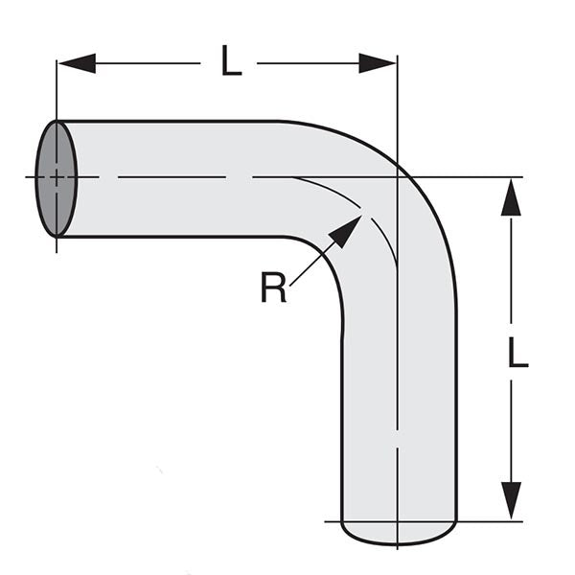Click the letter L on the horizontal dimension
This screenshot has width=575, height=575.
230,62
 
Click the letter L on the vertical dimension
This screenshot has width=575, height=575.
517,354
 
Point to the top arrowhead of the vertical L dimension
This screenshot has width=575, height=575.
511,197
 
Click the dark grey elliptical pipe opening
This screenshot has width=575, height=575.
56,178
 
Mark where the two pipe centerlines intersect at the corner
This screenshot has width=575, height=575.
397,177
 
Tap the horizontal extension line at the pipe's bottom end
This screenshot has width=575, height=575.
489,521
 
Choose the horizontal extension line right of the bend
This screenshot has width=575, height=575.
479,177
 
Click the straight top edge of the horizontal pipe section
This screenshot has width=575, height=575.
172,121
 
